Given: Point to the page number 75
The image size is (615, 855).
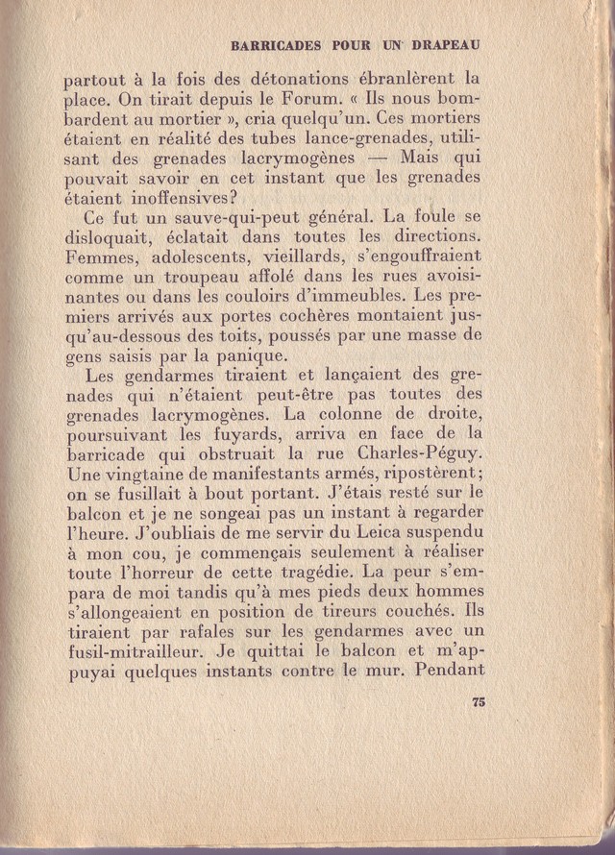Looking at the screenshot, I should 479,703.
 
